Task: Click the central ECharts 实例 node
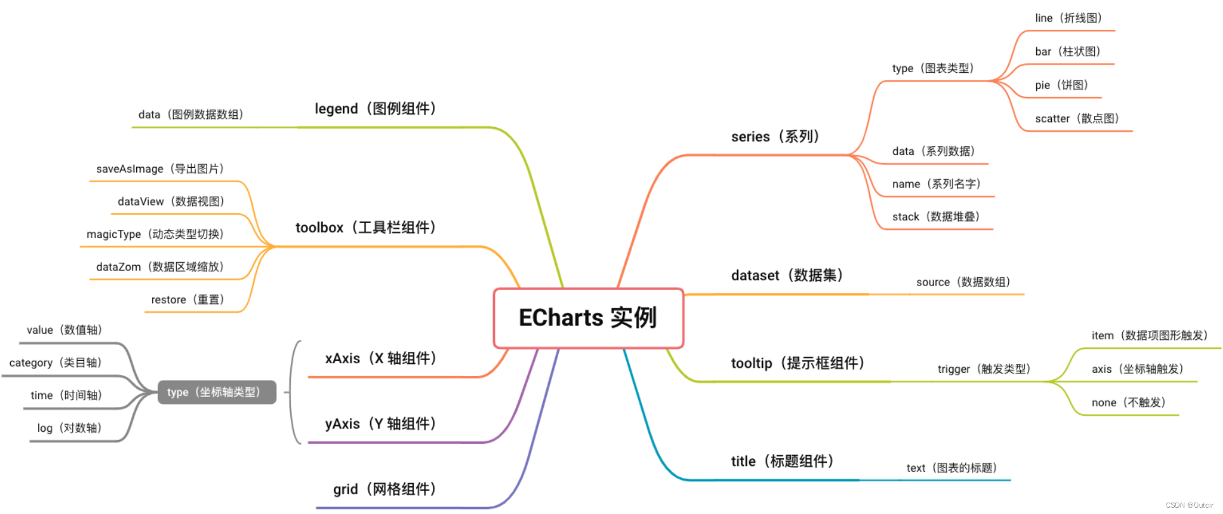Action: pyautogui.click(x=588, y=318)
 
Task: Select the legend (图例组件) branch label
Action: pyautogui.click(x=375, y=109)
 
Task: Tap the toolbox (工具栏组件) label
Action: pyautogui.click(x=366, y=228)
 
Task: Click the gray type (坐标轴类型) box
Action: pyautogui.click(x=217, y=392)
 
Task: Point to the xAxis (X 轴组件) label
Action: pyautogui.click(x=381, y=358)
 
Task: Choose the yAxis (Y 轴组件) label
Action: pyautogui.click(x=380, y=423)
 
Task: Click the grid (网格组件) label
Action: pyautogui.click(x=385, y=489)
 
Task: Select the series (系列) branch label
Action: pyautogui.click(x=775, y=137)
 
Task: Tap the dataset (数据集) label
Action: pyautogui.click(x=787, y=275)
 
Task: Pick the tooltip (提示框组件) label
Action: pyautogui.click(x=798, y=363)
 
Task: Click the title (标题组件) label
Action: pyautogui.click(x=782, y=461)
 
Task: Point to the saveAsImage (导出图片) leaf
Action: pyautogui.click(x=160, y=169)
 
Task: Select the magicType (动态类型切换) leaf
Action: pyautogui.click(x=155, y=234)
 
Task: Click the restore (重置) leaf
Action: pyautogui.click(x=188, y=300)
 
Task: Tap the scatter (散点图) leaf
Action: pyautogui.click(x=1077, y=119)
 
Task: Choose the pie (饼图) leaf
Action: pyautogui.click(x=1061, y=85)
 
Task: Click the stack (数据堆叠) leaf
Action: pyautogui.click(x=936, y=217)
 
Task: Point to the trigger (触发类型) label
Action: pyautogui.click(x=984, y=369)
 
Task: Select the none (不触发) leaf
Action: pyautogui.click(x=1129, y=403)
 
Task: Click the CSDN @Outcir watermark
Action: pyautogui.click(x=1189, y=505)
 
